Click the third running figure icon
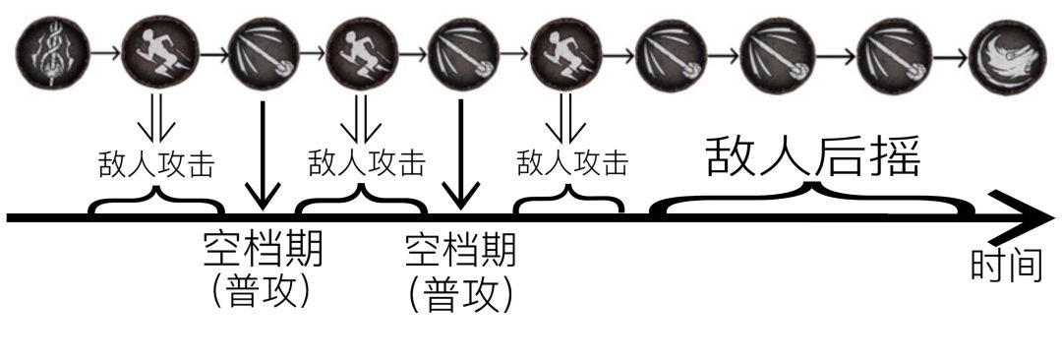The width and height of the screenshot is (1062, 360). click(x=564, y=52)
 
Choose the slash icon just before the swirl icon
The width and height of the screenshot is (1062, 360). click(x=887, y=52)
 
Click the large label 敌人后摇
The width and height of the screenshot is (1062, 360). click(x=812, y=156)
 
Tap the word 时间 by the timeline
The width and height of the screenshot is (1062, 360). click(x=1005, y=266)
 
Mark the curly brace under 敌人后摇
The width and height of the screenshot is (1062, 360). click(x=812, y=201)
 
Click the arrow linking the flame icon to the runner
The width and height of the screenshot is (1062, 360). click(x=106, y=52)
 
